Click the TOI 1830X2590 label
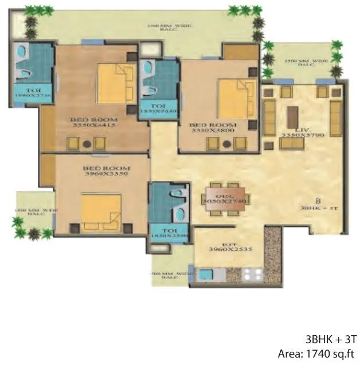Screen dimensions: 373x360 pyautogui.click(x=168, y=235)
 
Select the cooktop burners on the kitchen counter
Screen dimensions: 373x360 pyautogui.click(x=250, y=274)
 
